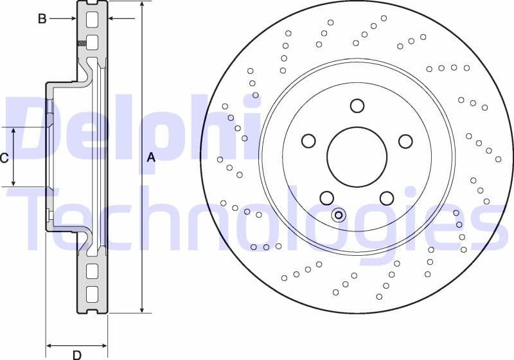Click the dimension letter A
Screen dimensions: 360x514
[x=151, y=157]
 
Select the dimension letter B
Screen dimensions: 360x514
[x=42, y=19]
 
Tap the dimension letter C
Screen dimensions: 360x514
[x=4, y=157]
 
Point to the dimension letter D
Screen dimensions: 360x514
[x=76, y=354]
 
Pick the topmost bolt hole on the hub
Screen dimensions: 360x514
[x=357, y=105]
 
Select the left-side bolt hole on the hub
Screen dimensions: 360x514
[x=308, y=141]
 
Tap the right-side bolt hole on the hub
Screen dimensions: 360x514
[x=405, y=141]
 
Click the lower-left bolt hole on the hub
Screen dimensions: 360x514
[x=327, y=198]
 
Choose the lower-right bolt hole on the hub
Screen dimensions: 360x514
[x=387, y=198]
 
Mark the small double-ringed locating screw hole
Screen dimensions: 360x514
[x=339, y=215]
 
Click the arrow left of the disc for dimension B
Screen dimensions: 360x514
[x=72, y=19]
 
